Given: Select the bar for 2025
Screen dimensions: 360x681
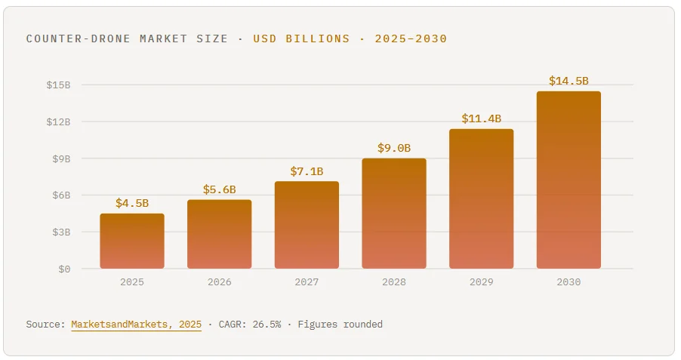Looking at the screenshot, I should point(132,241).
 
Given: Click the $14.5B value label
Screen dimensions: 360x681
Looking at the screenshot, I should point(569,81).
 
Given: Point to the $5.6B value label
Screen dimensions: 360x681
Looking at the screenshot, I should point(219,189).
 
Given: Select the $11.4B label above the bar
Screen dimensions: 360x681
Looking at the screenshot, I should point(481,118).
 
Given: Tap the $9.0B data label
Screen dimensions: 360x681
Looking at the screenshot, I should point(394,148).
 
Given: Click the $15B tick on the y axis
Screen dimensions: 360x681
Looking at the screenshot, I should point(58,85).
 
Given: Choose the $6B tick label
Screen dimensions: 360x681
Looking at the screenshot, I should point(60,195).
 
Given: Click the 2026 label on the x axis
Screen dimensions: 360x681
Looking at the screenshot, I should point(219,282).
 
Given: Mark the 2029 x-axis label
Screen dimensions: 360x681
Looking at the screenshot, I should point(481,282).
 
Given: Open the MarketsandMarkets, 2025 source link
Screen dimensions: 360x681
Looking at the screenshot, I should point(137,325).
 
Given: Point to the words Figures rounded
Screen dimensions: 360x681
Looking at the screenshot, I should point(340,325).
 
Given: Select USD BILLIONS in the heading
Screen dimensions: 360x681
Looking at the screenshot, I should point(301,38).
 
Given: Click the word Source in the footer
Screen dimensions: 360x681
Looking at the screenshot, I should point(45,325).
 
